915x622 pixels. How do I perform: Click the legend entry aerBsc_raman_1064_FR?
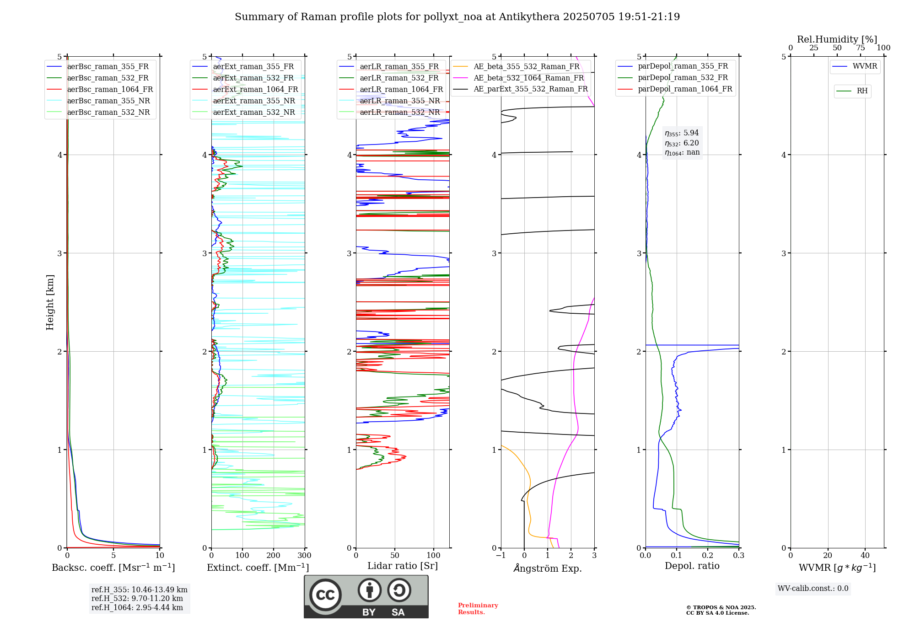[x=110, y=90]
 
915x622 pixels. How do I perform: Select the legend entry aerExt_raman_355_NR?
[x=254, y=101]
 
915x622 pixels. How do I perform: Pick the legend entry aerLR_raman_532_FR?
[x=399, y=78]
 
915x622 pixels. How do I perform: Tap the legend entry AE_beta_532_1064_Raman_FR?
[x=528, y=78]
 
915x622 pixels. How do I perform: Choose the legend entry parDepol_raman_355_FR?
[x=683, y=66]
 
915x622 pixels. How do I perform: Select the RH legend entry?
[x=862, y=91]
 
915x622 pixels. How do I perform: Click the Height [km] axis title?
[x=50, y=302]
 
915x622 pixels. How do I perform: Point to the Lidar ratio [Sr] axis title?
[x=402, y=566]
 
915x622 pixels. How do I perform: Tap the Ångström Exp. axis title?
[x=547, y=568]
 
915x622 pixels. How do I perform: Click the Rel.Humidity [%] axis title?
[x=837, y=39]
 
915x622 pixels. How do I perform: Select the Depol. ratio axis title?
[x=692, y=566]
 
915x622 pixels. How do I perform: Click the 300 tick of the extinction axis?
[x=304, y=556]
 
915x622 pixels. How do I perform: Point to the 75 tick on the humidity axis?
[x=860, y=48]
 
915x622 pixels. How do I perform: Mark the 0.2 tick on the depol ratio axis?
[x=707, y=556]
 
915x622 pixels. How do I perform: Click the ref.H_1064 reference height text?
[x=137, y=608]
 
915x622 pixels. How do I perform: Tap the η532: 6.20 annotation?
[x=682, y=143]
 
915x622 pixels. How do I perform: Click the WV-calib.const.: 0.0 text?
[x=813, y=589]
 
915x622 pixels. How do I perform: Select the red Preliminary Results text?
[x=478, y=609]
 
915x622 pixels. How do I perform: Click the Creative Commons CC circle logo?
[x=325, y=595]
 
